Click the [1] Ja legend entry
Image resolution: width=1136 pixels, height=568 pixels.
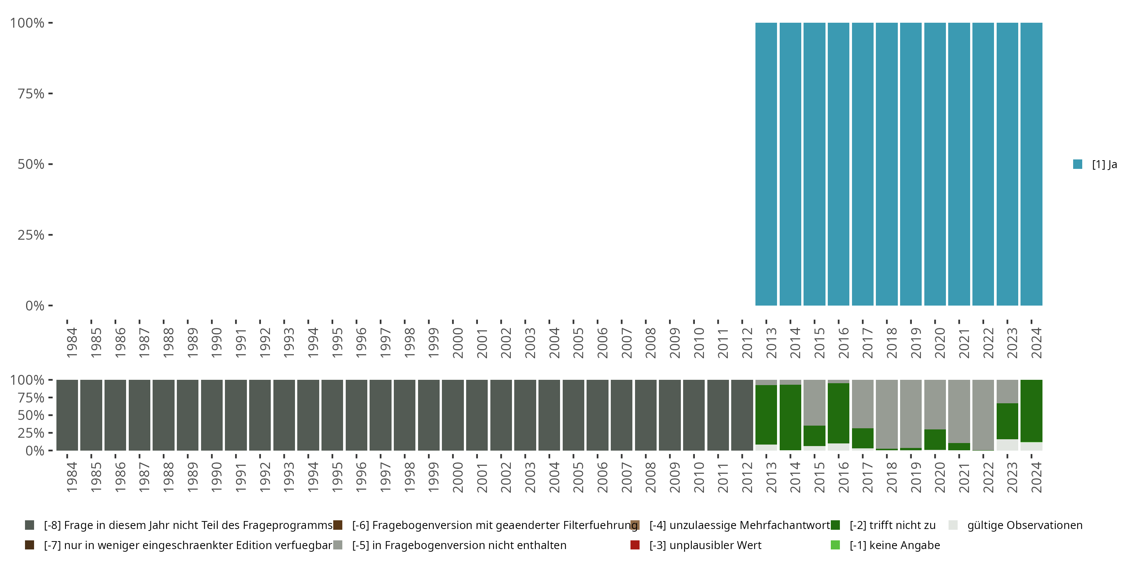[1095, 164]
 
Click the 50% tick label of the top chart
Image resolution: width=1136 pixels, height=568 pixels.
[31, 164]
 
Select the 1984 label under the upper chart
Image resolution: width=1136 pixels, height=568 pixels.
[72, 343]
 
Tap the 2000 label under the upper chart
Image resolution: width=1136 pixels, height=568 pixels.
[458, 343]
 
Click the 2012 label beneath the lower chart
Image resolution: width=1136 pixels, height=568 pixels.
[747, 477]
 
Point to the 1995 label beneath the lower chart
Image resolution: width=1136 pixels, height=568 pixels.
[337, 477]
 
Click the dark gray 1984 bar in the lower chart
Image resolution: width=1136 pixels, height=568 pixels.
[67, 415]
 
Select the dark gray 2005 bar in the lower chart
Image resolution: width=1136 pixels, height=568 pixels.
[573, 415]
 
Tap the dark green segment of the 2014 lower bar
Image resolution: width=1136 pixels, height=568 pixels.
[790, 417]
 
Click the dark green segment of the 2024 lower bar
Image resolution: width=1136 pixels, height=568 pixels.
[1031, 410]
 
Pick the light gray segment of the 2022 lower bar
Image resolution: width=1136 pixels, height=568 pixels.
[983, 415]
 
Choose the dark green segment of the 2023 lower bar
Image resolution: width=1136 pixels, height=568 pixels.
[1007, 421]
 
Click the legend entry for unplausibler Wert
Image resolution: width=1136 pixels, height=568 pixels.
[705, 545]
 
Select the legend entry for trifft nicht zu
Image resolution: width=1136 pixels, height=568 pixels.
[892, 525]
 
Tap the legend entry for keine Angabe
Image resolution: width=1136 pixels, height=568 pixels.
[894, 545]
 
